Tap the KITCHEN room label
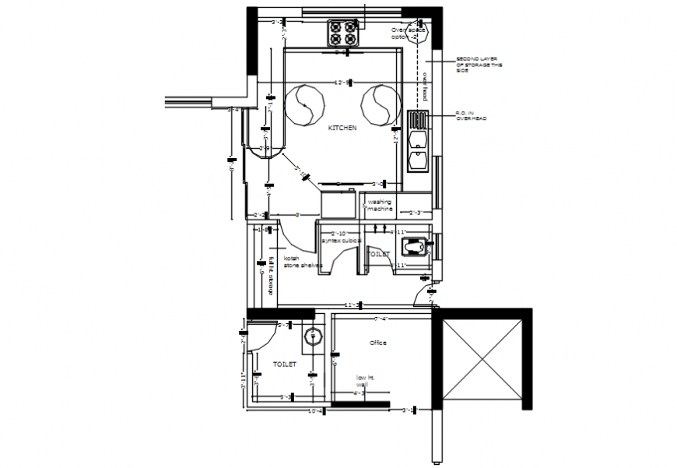pos(342,128)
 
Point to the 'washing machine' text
pos(380,206)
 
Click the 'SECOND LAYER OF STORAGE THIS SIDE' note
pos(479,65)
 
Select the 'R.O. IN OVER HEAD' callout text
pos(472,115)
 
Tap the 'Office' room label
pos(377,343)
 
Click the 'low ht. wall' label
pos(366,380)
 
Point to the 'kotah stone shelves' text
pos(301,262)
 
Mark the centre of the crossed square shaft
pos(482,359)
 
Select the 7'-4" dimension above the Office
pos(381,318)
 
